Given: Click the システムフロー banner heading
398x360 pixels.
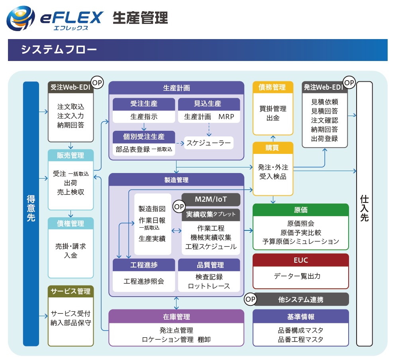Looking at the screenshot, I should coord(59,50).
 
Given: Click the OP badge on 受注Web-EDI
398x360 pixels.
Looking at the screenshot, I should coord(97,83).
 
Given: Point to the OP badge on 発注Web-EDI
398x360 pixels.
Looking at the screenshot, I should coord(349,83).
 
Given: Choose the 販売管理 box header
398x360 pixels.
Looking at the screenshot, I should coord(71,155).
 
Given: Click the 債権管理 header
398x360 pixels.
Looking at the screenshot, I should coord(71,223).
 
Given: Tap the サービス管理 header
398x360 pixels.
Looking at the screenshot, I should coord(71,291).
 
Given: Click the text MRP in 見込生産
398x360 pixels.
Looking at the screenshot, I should coord(226,117).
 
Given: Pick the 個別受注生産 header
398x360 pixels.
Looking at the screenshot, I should coord(144,137).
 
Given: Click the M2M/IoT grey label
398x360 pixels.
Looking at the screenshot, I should coord(211,199).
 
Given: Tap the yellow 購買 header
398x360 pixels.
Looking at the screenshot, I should coord(273,148).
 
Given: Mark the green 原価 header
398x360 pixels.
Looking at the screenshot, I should coord(300,210).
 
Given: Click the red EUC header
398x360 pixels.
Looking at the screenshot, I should coord(300,260).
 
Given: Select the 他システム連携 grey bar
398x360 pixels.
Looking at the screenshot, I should coord(301,299).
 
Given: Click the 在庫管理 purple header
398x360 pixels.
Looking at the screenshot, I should coord(176,317).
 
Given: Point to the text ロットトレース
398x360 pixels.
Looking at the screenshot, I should coord(209,286).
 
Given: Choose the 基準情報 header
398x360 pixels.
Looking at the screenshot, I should coord(300,317).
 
